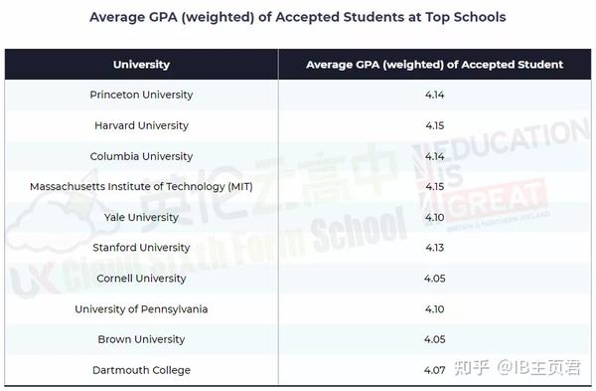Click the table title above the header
[x=297, y=17]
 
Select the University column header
[x=141, y=65]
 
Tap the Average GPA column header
[x=434, y=65]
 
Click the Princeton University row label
[x=141, y=96]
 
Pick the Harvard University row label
[x=141, y=126]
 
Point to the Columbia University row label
[x=141, y=156]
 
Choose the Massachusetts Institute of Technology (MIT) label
[x=141, y=187]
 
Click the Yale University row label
[x=141, y=217]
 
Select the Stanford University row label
[x=141, y=248]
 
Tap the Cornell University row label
[x=141, y=279]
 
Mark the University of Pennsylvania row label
[x=141, y=309]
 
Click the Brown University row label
[x=141, y=339]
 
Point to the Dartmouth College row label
[x=141, y=370]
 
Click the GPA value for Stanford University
[x=434, y=248]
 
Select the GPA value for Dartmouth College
[x=434, y=370]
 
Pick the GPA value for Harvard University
[x=434, y=126]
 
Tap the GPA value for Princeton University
[x=434, y=96]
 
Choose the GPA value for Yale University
[x=434, y=217]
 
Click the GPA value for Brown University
[x=434, y=339]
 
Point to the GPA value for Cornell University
[x=434, y=279]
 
